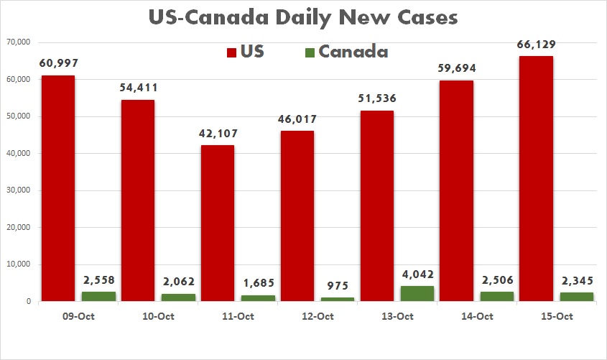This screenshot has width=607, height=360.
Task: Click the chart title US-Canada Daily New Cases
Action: (x=302, y=17)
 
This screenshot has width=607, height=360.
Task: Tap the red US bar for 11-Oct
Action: (x=217, y=223)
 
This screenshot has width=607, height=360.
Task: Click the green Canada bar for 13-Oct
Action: (x=417, y=293)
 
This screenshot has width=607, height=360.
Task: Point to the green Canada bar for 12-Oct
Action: (x=338, y=299)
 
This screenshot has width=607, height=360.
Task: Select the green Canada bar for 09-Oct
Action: (x=99, y=296)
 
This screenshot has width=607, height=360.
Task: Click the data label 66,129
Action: (x=536, y=45)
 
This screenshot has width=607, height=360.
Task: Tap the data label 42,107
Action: (x=217, y=134)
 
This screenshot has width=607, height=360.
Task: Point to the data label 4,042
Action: (x=417, y=275)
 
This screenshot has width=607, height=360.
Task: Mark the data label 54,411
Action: (x=137, y=88)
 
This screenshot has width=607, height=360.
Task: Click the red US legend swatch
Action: (x=232, y=52)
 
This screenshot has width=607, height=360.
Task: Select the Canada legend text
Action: (x=353, y=52)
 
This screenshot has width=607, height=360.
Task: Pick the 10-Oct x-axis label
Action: (x=157, y=316)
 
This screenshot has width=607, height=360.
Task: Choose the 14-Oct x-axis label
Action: (x=476, y=316)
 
